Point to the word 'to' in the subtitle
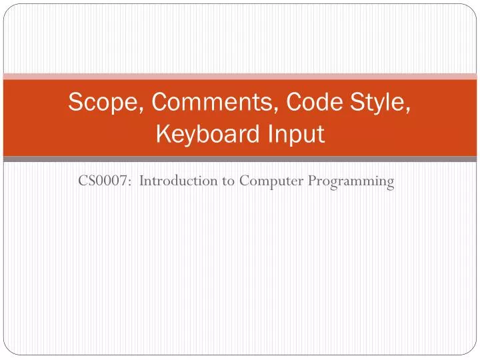[227, 181]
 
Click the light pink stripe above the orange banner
[240, 76]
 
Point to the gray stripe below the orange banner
[240, 159]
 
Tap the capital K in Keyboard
[163, 135]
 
